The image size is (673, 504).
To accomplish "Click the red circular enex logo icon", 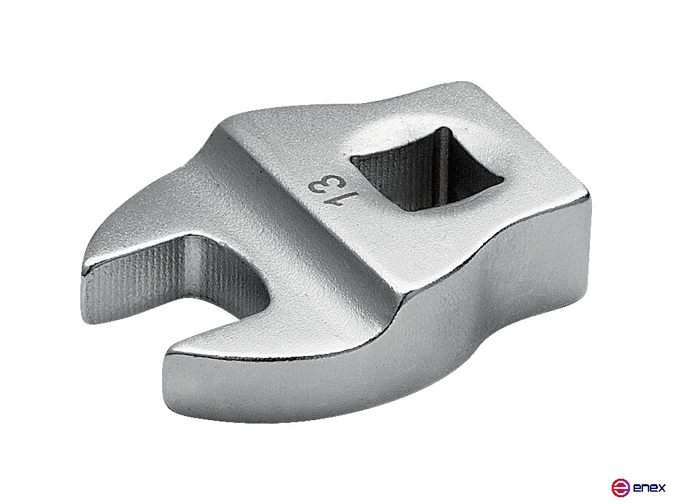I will point(619,487).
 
